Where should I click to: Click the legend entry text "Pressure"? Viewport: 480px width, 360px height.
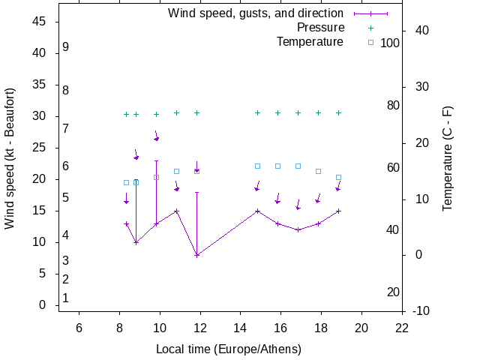[x=320, y=28]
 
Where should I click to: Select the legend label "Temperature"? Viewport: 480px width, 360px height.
[x=310, y=42]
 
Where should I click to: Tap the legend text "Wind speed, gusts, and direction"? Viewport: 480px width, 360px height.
[x=255, y=13]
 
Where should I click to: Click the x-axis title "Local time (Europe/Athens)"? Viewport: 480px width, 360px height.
[x=229, y=349]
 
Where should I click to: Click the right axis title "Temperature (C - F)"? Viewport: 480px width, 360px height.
[x=448, y=158]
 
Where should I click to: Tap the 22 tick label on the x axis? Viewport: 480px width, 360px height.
[x=402, y=327]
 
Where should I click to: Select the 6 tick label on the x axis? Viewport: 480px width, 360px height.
[x=79, y=327]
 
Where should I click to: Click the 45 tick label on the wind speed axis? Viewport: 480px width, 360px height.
[x=40, y=22]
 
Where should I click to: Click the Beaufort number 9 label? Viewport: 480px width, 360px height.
[x=66, y=47]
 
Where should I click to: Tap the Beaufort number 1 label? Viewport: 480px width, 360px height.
[x=66, y=298]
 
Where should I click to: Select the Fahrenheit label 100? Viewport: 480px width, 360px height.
[x=390, y=43]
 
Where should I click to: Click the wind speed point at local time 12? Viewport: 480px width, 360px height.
[x=196, y=255]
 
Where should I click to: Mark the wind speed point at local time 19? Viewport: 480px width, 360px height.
[x=338, y=211]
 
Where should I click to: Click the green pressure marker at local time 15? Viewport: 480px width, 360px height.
[x=257, y=112]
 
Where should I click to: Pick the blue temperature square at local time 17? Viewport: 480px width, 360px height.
[x=298, y=166]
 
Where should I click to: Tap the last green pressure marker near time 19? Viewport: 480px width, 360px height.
[x=338, y=112]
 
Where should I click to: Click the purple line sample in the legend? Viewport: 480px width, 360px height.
[x=370, y=13]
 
